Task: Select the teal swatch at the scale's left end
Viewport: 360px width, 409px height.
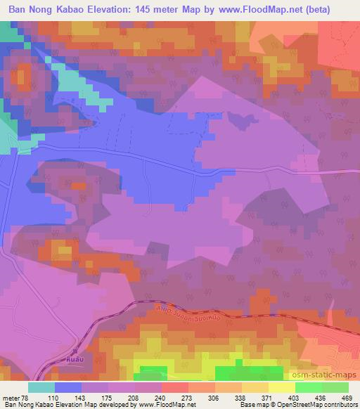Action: pyautogui.click(x=41, y=388)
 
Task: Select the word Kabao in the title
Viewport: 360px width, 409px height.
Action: pyautogui.click(x=70, y=9)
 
